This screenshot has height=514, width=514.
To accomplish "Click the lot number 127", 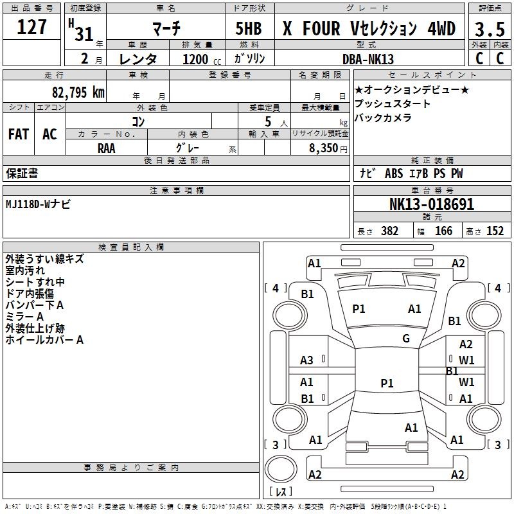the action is tap(31, 27).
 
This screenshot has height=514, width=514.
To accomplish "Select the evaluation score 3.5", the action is tap(490, 29).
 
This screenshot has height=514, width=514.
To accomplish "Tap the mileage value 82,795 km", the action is tap(78, 93).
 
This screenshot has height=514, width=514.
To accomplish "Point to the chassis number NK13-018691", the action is tap(432, 204).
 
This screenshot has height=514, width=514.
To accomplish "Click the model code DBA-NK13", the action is tap(368, 59).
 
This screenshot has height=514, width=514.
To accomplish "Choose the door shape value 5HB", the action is tap(249, 28).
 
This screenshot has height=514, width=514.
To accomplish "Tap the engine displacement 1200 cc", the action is tap(202, 59).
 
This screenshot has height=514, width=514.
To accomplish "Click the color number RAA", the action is tap(107, 148).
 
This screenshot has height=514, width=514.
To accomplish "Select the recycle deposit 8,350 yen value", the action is tap(328, 148).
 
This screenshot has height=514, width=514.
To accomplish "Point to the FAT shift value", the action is tap(19, 134).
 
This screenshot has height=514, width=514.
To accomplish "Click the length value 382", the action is tap(389, 231).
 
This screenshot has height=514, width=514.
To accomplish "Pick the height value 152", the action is tap(495, 231).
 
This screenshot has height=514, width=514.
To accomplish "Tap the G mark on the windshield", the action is tap(406, 339).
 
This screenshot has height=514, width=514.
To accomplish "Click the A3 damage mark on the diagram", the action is tap(306, 360).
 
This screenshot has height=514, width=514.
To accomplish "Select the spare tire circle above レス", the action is tap(281, 468).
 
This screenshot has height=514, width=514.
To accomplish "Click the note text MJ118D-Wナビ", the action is tap(38, 204).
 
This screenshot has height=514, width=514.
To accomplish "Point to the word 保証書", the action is tap(22, 173).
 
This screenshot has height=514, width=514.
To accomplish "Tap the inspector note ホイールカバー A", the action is tap(44, 340).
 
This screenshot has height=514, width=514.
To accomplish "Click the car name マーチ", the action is tap(166, 28).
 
